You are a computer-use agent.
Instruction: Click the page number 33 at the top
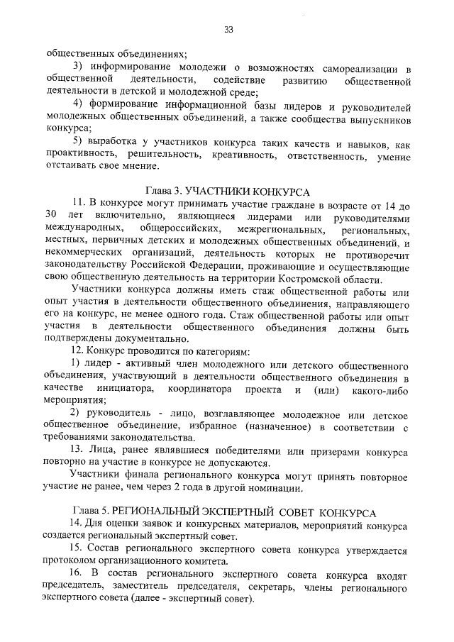pyautogui.click(x=228, y=29)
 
